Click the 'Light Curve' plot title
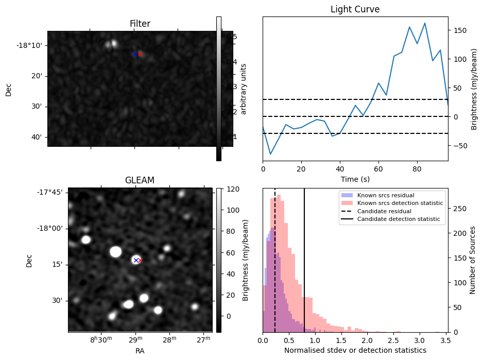[x=355, y=9]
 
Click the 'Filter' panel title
[x=140, y=24]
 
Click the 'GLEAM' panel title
[x=140, y=180]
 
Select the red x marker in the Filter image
[x=140, y=54]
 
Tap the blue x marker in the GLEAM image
[x=136, y=260]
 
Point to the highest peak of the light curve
[x=425, y=23]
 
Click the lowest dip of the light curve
[x=270, y=154]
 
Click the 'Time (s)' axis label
[x=355, y=179]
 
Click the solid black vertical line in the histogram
[x=304, y=258]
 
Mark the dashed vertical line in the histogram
[x=275, y=258]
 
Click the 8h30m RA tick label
[x=101, y=339]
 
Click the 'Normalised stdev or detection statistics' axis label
[x=355, y=350]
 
